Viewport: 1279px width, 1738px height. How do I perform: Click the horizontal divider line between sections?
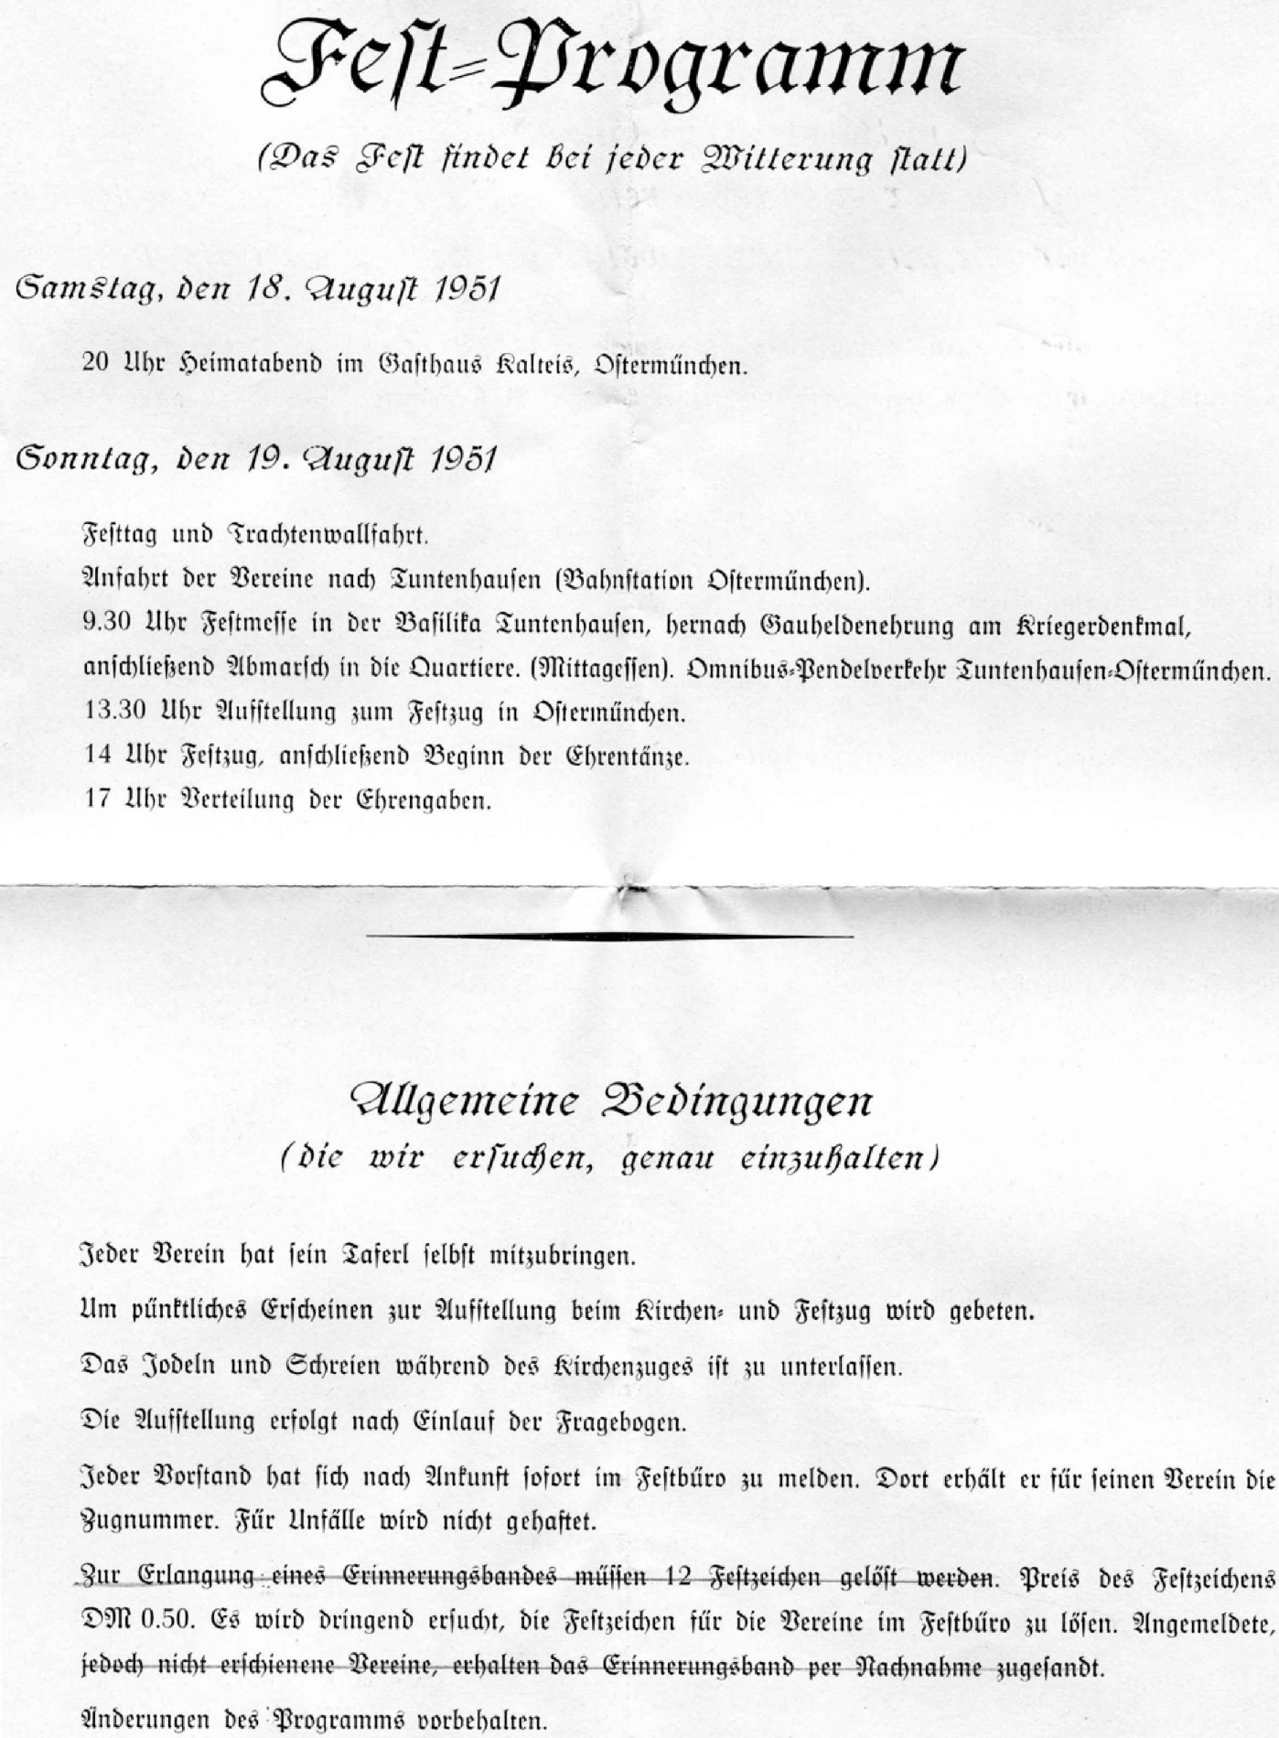point(610,938)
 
